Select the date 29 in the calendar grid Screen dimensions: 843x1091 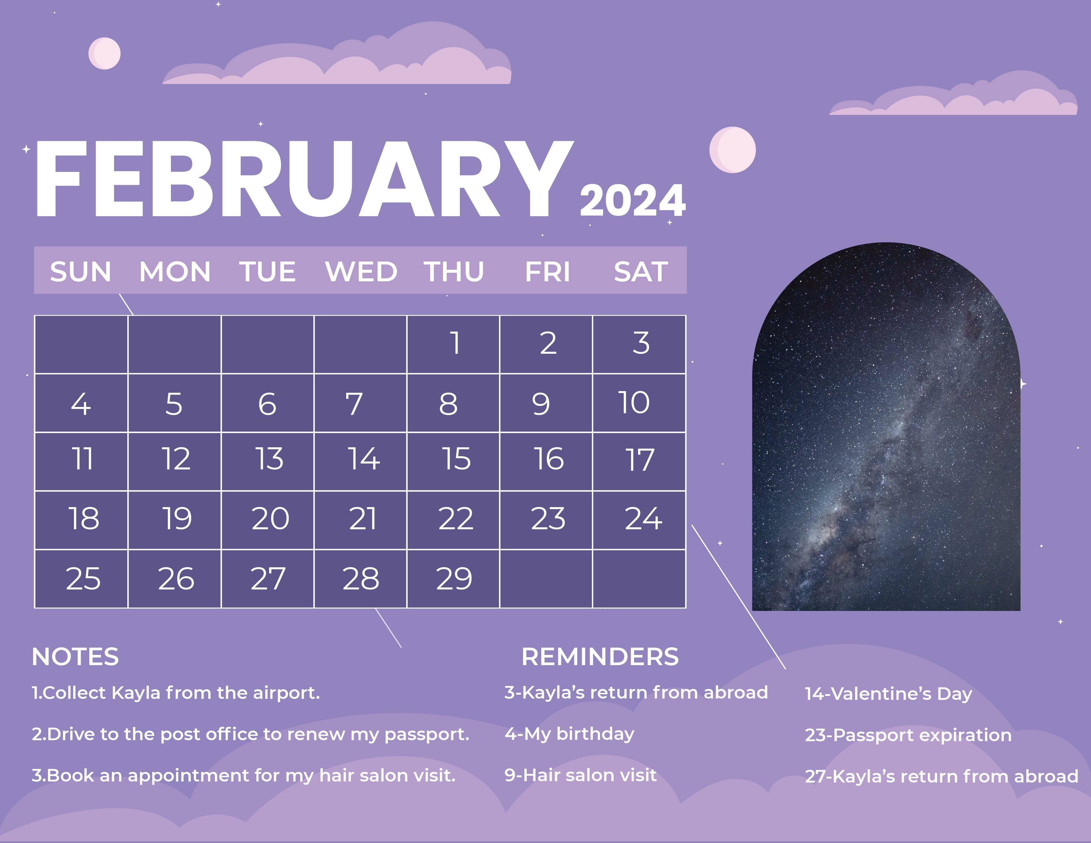point(454,579)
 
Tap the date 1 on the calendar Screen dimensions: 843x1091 point(455,343)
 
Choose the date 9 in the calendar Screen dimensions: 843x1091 point(541,404)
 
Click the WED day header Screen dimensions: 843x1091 point(361,272)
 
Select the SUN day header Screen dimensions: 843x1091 point(80,272)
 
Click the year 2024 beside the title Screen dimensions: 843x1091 point(632,201)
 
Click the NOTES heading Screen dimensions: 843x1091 point(75,657)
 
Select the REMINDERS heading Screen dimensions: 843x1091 point(600,657)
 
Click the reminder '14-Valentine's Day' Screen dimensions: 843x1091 point(888,694)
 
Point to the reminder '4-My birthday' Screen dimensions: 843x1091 point(569,734)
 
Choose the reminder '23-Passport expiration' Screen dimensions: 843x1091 point(908,735)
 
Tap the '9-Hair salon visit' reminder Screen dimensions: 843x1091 point(580,775)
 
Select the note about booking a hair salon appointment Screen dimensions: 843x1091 point(243,776)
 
